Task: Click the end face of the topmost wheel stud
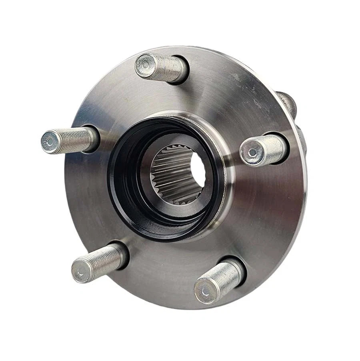click(x=145, y=66)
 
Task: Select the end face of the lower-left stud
click(x=80, y=273)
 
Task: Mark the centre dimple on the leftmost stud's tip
click(x=49, y=142)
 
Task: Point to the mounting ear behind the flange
click(x=289, y=102)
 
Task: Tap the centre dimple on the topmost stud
click(x=145, y=66)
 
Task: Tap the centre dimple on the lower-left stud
click(x=80, y=273)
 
